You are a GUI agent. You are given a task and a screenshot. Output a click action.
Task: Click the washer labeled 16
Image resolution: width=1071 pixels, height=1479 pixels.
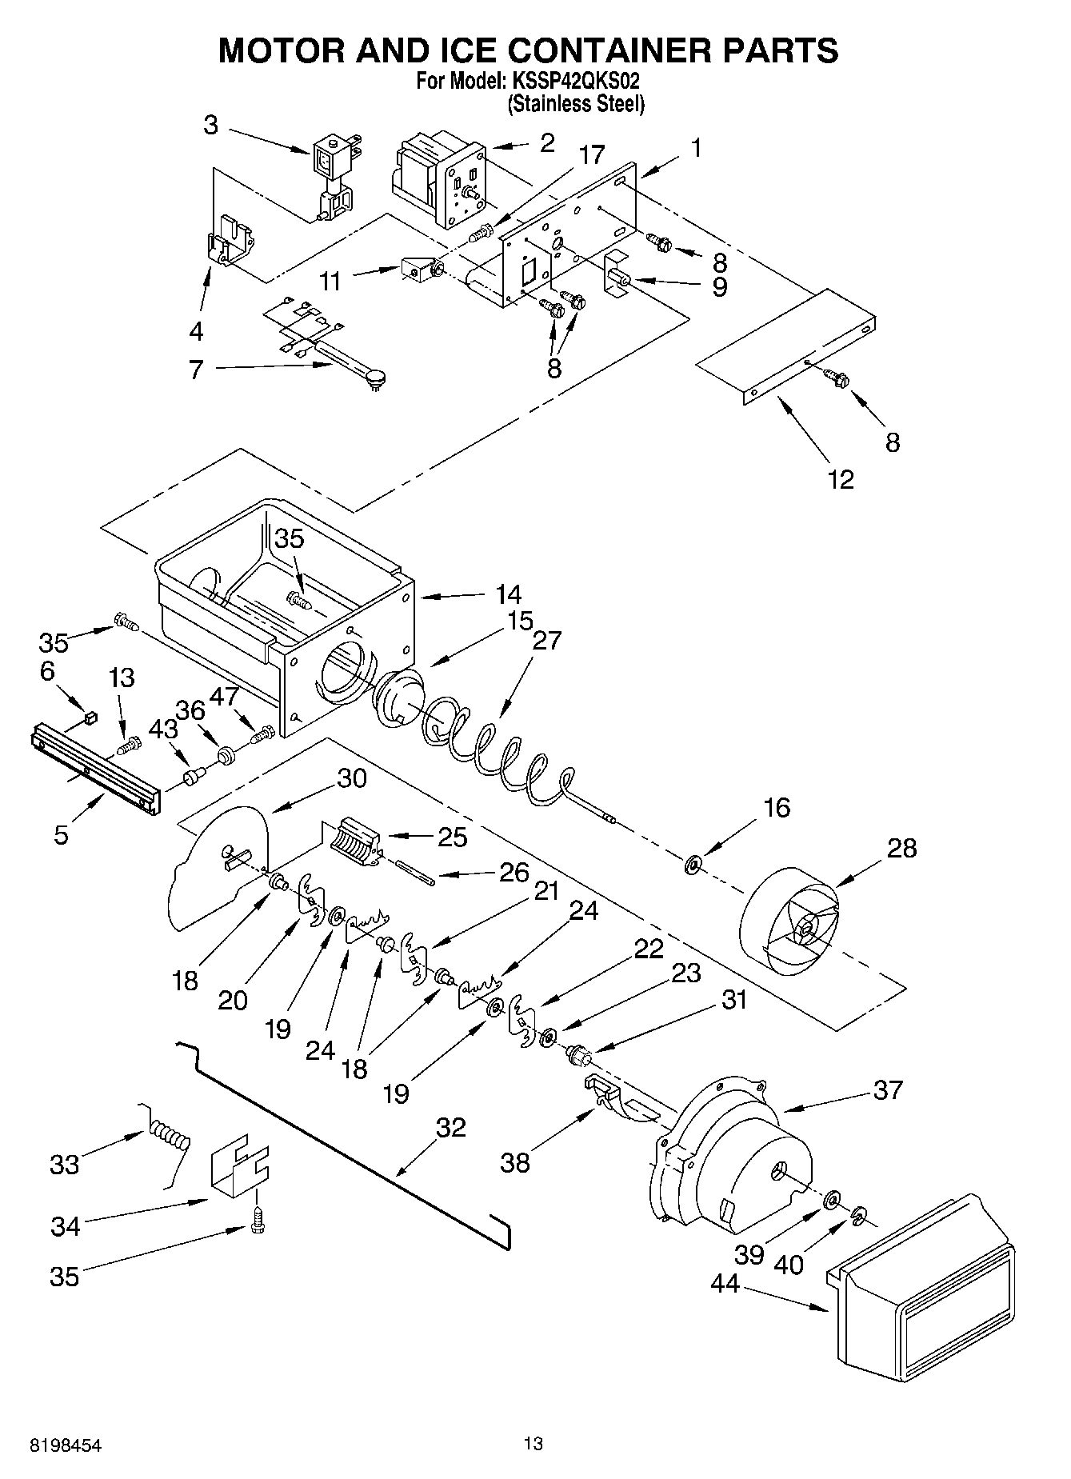click(693, 864)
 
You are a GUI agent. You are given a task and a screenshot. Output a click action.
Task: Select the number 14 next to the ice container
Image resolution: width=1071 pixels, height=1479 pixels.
click(508, 594)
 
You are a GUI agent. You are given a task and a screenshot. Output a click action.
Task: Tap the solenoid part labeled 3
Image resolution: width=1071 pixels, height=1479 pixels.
click(334, 174)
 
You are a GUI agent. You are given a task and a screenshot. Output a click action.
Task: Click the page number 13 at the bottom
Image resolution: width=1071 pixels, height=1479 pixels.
click(534, 1444)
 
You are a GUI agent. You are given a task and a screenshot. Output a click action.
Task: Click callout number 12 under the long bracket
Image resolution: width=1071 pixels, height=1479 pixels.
click(841, 479)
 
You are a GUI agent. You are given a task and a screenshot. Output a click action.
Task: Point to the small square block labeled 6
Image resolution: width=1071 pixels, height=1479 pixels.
click(90, 718)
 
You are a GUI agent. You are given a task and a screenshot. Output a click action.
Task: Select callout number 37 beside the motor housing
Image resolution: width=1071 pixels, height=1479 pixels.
click(887, 1089)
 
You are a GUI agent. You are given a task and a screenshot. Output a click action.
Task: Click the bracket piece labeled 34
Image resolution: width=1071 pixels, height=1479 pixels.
click(239, 1170)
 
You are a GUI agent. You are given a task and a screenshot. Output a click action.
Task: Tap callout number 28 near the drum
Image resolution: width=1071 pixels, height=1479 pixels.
click(901, 848)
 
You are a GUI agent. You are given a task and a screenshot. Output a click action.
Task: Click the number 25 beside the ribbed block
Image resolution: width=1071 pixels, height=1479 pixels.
click(452, 837)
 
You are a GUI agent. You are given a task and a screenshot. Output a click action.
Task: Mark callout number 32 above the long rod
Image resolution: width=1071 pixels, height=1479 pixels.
click(450, 1127)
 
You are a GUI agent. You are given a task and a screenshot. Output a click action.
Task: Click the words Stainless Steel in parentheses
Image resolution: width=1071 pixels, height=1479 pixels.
click(576, 103)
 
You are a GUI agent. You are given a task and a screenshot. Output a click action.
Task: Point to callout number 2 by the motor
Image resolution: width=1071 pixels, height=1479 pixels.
click(546, 144)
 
